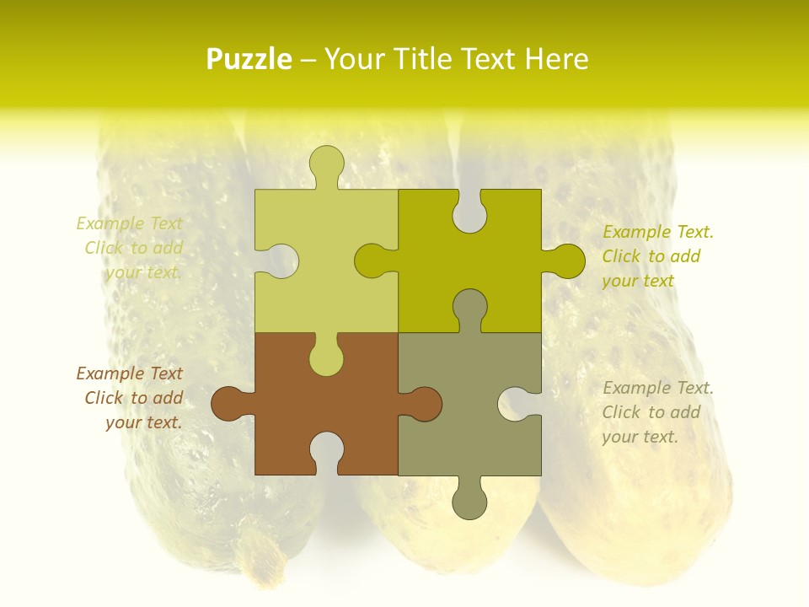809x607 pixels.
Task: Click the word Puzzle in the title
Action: pyautogui.click(x=249, y=60)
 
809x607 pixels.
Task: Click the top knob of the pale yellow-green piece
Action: pyautogui.click(x=326, y=162)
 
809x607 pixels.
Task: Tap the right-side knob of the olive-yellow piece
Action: pyautogui.click(x=567, y=261)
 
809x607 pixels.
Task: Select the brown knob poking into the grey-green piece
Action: pyautogui.click(x=424, y=403)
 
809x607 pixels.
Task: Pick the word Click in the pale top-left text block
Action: pyautogui.click(x=104, y=248)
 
